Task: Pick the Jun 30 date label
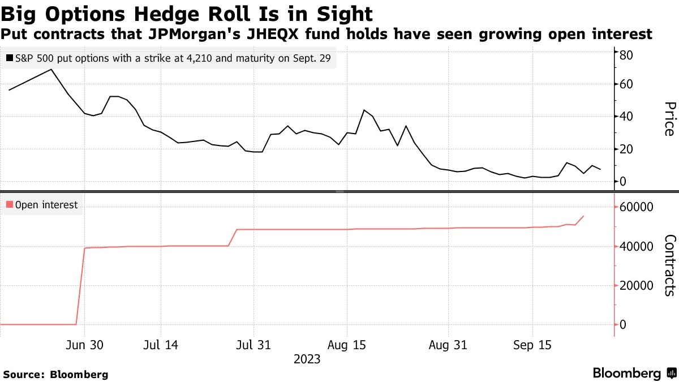84,345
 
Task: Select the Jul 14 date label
161,345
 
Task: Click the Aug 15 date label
346,345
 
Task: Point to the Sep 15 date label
532,345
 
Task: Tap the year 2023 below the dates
307,359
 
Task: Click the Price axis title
669,119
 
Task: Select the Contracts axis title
669,265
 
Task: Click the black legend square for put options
10,58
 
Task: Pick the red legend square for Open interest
10,205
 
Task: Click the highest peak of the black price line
51,70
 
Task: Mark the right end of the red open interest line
584,216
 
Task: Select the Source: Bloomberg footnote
55,374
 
